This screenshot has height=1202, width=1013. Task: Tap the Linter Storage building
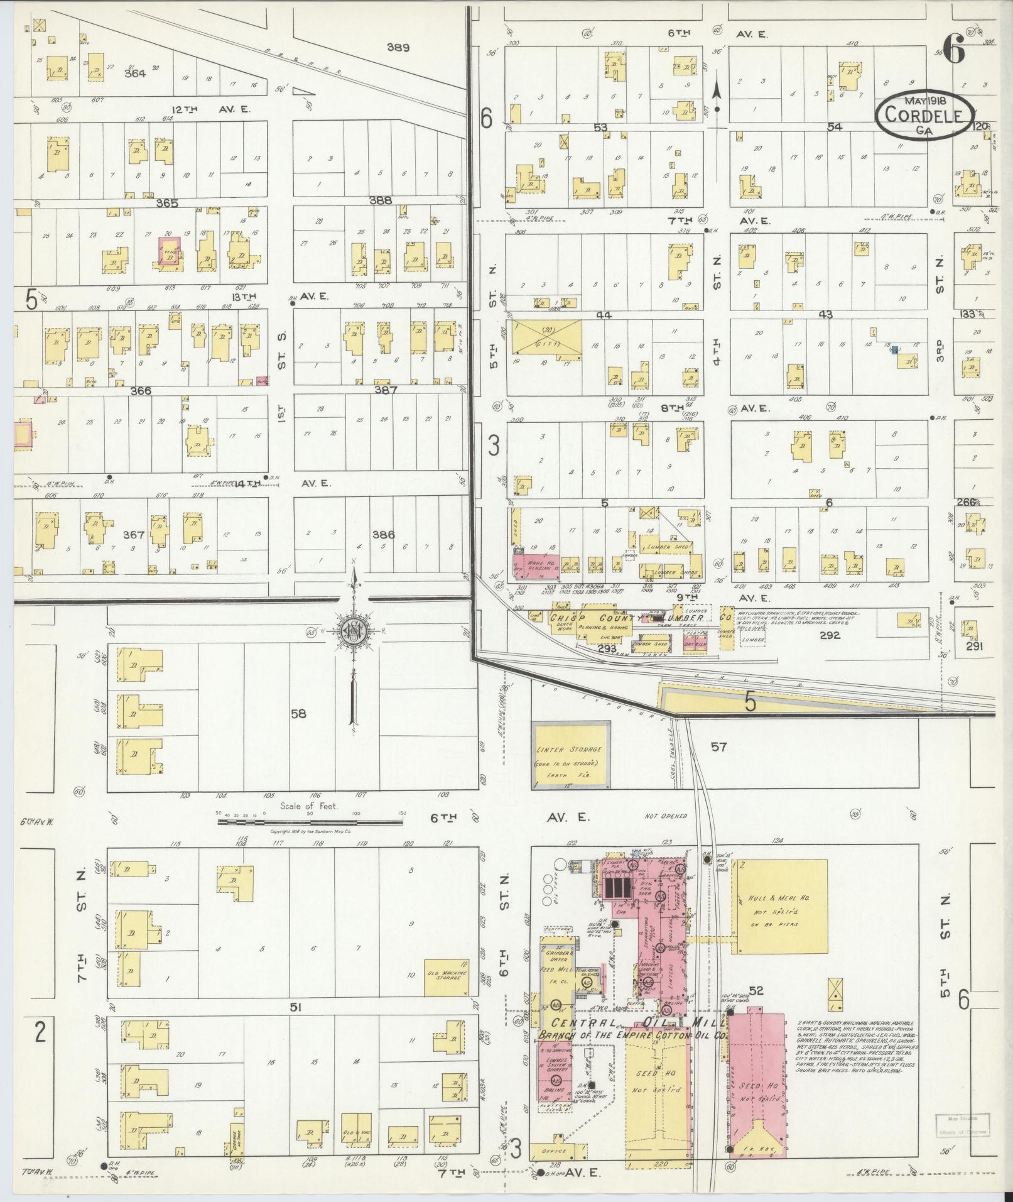(570, 755)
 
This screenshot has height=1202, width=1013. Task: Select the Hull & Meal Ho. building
(779, 905)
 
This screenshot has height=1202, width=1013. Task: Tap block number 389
(398, 47)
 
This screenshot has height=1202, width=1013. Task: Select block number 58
(298, 714)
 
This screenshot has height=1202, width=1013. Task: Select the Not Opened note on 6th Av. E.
(666, 816)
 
